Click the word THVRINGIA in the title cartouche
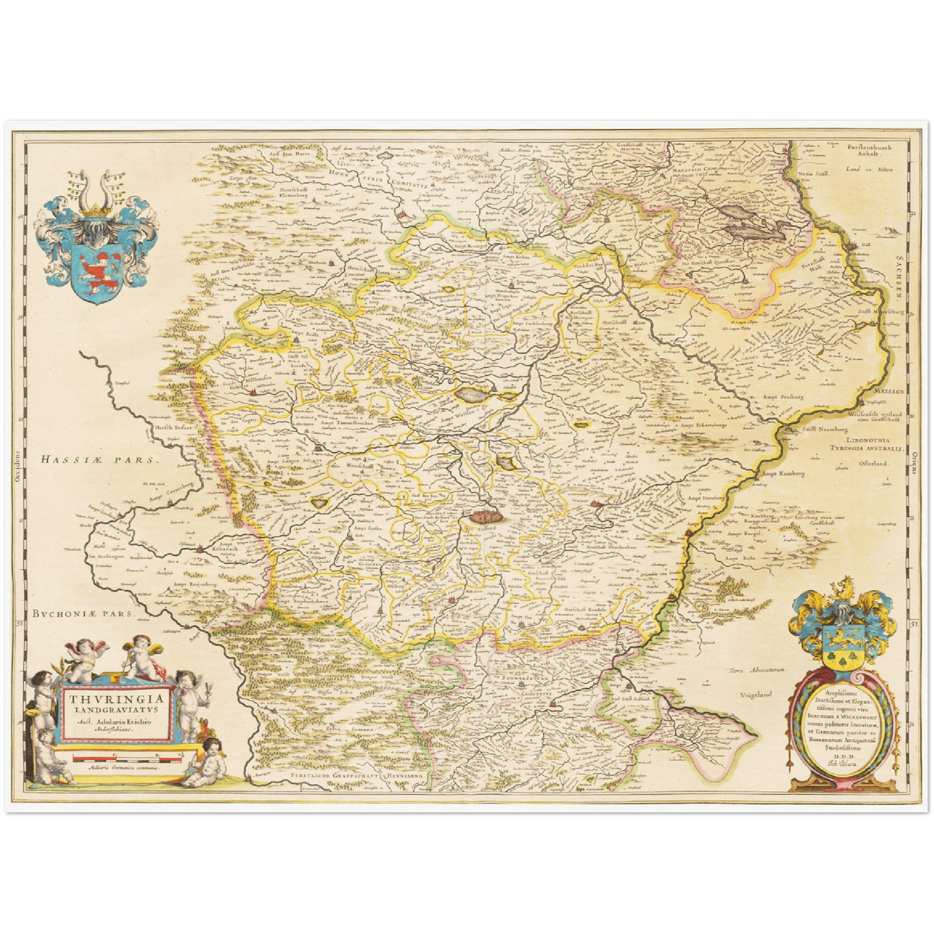[112, 699]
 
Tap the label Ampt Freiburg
[785, 397]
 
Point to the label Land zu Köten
[870, 169]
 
